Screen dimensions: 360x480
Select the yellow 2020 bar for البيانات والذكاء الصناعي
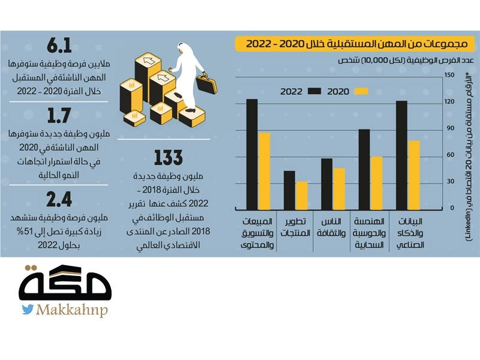point(414,175)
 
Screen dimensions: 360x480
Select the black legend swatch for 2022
point(314,91)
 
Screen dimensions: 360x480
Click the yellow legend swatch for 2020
point(361,91)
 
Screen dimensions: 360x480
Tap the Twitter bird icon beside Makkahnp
point(28,310)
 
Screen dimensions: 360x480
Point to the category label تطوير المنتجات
point(296,227)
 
